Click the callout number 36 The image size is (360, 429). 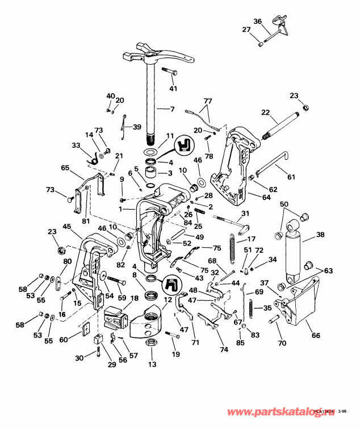tap(257, 22)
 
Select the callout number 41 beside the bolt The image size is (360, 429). tap(173, 88)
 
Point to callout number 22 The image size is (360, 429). tap(265, 113)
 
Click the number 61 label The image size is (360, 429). tap(291, 177)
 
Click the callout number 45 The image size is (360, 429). tap(67, 227)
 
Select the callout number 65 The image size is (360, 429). tap(65, 168)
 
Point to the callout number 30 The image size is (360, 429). tap(79, 357)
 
